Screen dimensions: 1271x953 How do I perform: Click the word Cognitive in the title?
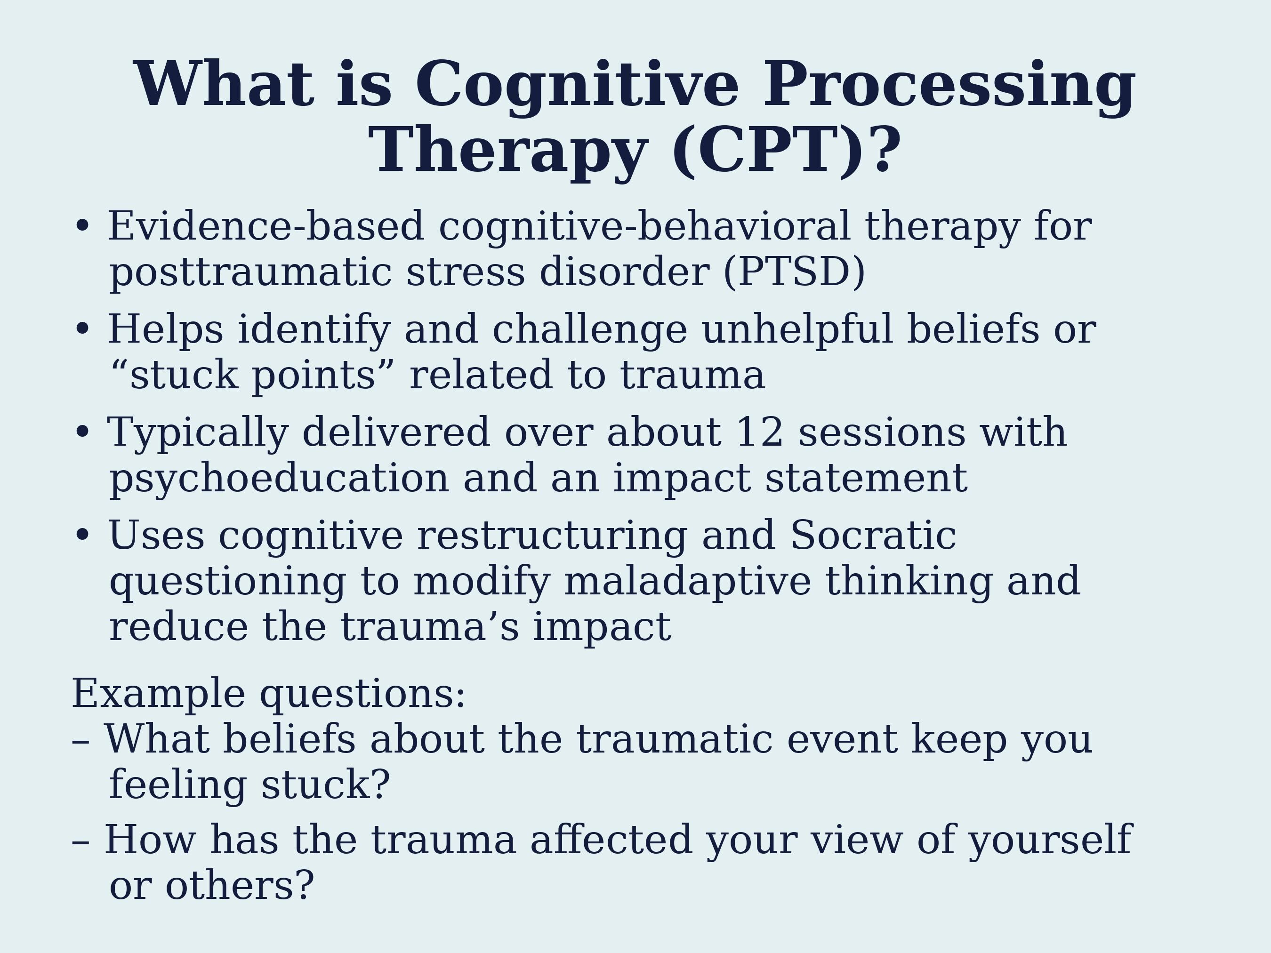[577, 86]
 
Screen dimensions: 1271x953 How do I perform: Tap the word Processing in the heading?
[949, 86]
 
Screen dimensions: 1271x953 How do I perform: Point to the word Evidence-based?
[266, 226]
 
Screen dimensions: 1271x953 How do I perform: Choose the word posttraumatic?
[251, 272]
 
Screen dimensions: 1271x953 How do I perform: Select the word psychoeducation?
[279, 479]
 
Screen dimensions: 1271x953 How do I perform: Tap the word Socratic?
[873, 536]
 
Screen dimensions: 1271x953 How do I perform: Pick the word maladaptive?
[688, 581]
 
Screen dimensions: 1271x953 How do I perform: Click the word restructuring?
[552, 536]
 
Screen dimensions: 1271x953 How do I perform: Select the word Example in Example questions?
[159, 694]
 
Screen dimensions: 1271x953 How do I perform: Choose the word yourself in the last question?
[1050, 841]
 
